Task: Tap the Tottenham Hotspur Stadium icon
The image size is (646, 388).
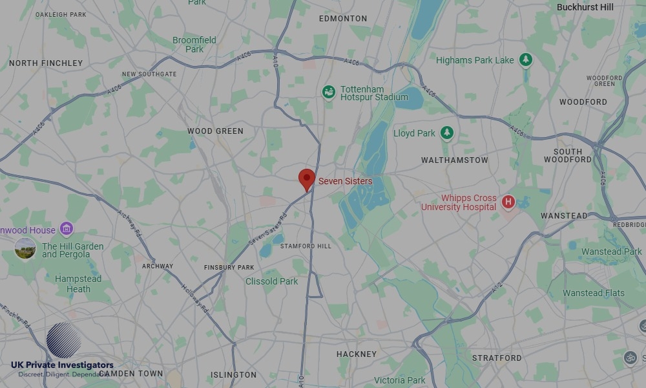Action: (x=329, y=92)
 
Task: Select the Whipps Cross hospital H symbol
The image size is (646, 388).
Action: (x=508, y=202)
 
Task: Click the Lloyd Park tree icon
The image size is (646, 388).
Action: (x=446, y=133)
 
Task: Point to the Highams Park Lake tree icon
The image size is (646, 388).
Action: (x=526, y=60)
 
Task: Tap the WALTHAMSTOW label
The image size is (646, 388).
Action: (x=455, y=160)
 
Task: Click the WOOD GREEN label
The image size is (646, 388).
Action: (x=215, y=131)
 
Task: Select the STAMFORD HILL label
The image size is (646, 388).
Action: (x=306, y=246)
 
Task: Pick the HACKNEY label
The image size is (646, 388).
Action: (x=356, y=354)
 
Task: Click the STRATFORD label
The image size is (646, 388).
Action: (x=497, y=358)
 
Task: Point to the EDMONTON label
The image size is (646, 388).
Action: (x=343, y=19)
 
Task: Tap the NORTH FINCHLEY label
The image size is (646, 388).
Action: (x=46, y=63)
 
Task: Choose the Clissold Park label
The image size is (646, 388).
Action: (x=272, y=281)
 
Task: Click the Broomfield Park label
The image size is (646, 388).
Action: (x=194, y=45)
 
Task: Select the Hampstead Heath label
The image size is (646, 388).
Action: (x=78, y=284)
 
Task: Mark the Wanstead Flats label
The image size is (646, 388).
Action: (x=594, y=293)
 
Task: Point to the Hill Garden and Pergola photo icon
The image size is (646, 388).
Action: (x=25, y=248)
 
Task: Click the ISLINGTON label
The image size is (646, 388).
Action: (x=233, y=375)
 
